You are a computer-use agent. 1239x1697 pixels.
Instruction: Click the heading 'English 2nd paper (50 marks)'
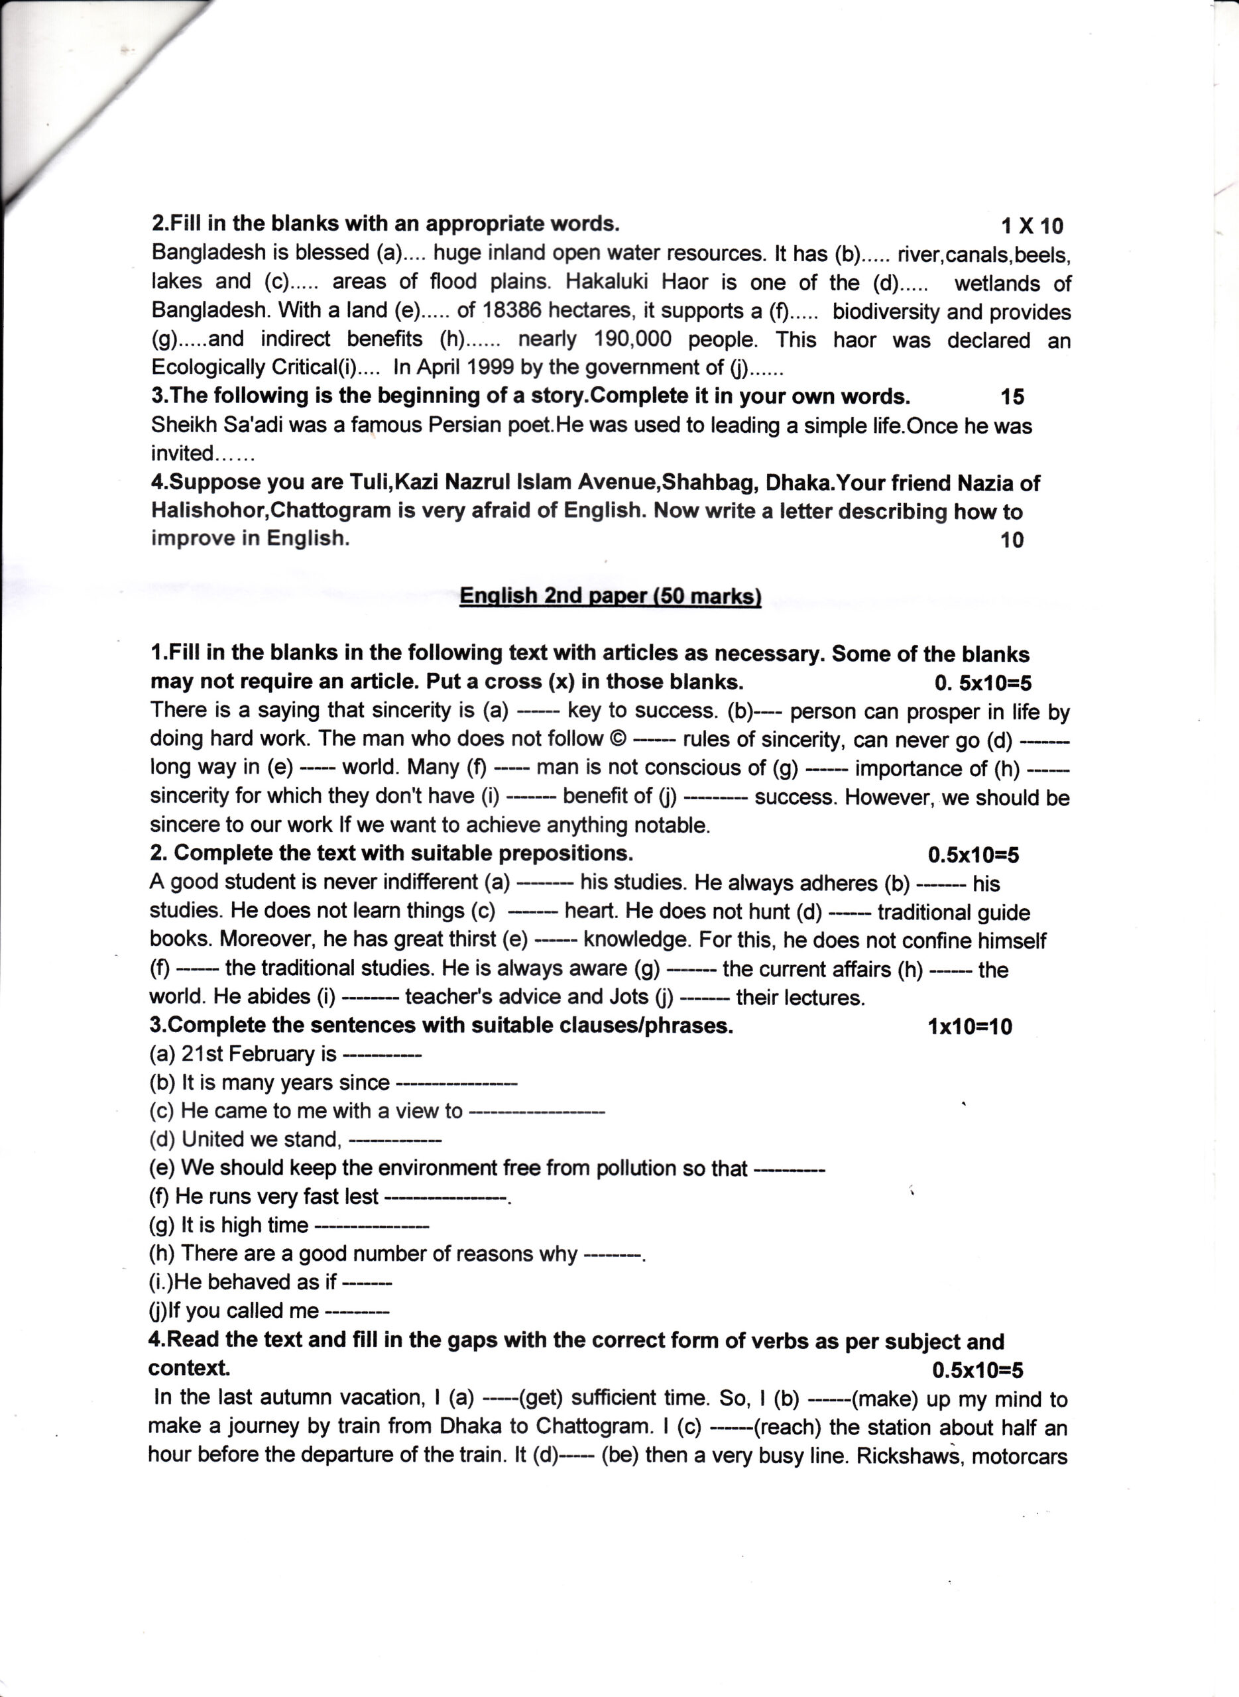[x=610, y=596]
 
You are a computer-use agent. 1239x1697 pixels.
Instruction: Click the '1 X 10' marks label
[x=1032, y=226]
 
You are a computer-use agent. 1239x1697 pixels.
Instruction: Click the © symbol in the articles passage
[x=617, y=739]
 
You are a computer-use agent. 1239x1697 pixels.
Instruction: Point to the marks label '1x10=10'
[x=969, y=1027]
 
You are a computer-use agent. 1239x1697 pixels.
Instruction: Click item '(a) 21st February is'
[x=243, y=1055]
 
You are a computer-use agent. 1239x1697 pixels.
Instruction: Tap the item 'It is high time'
[x=245, y=1225]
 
